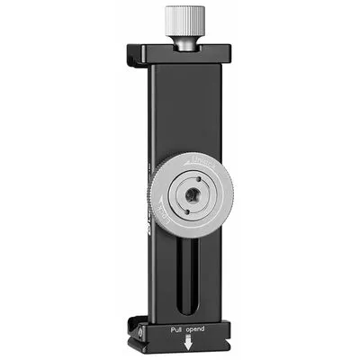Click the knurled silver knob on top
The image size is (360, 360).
click(180, 19)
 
